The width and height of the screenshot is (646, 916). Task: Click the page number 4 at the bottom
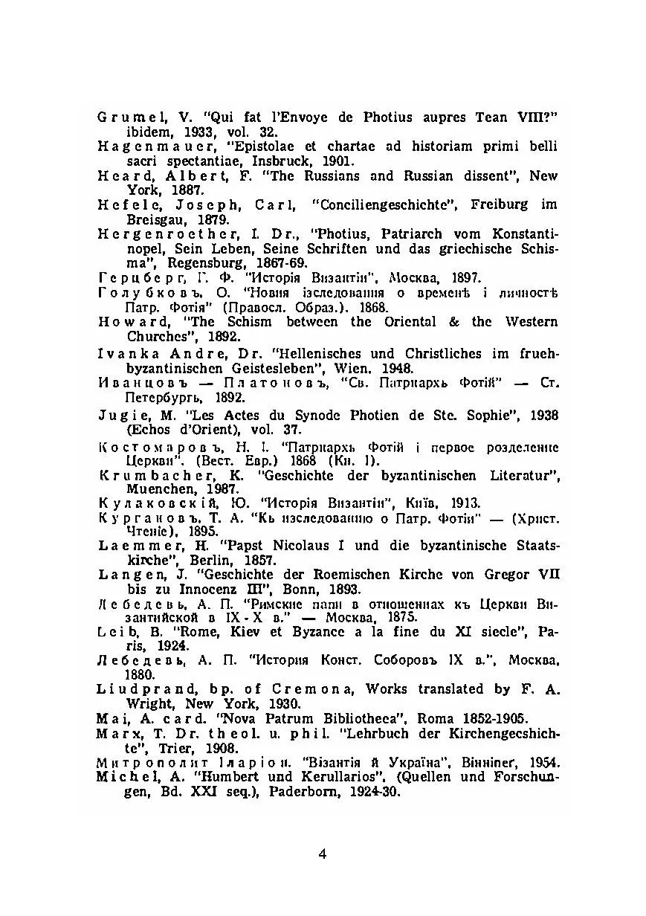click(322, 854)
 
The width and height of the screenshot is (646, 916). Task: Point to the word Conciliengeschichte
click(383, 204)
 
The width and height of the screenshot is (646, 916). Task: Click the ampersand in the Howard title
click(453, 322)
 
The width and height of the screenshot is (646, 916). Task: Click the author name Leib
click(114, 633)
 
